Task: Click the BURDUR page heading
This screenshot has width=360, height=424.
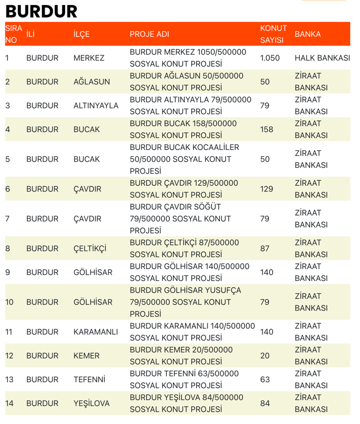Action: (x=41, y=11)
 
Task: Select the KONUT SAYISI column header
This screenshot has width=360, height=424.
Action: (x=273, y=34)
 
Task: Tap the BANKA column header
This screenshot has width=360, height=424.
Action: (x=307, y=34)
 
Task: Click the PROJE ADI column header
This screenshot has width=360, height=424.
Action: (x=149, y=34)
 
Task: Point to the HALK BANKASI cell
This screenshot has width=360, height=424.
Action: (x=322, y=58)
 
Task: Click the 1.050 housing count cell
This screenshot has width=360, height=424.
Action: (x=270, y=58)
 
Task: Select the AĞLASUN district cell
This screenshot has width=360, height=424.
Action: (x=91, y=82)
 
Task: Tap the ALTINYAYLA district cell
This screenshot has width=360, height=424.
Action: (x=96, y=106)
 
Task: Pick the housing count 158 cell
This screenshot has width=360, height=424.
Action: (x=267, y=130)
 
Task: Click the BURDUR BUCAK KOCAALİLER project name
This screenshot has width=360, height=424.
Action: (x=184, y=159)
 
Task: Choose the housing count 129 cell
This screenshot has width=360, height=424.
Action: (x=267, y=189)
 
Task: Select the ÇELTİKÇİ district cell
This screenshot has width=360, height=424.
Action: (x=90, y=249)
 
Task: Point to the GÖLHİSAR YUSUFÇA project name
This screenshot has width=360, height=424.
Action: (x=185, y=302)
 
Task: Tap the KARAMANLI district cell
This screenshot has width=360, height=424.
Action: (x=95, y=332)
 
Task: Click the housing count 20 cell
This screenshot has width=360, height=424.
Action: (x=265, y=356)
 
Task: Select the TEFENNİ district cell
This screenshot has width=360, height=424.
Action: (x=89, y=380)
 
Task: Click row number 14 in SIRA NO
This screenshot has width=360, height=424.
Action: (x=9, y=404)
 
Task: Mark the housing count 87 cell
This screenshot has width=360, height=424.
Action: (x=265, y=249)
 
